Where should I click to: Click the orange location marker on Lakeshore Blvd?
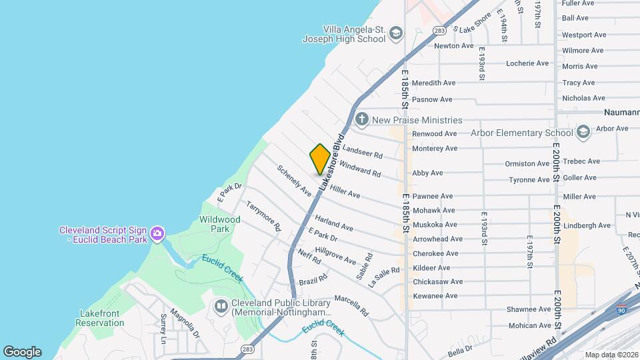pyautogui.click(x=320, y=159)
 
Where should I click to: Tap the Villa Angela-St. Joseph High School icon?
pyautogui.click(x=397, y=33)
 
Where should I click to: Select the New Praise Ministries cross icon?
pyautogui.click(x=362, y=120)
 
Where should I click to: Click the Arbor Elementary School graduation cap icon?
pyautogui.click(x=583, y=132)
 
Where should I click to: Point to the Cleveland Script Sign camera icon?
pyautogui.click(x=157, y=233)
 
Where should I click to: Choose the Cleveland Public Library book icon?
pyautogui.click(x=221, y=306)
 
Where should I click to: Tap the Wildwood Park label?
pyautogui.click(x=220, y=224)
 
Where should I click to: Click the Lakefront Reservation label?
pyautogui.click(x=100, y=318)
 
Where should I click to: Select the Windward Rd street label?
pyautogui.click(x=360, y=168)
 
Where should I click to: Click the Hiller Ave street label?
pyautogui.click(x=345, y=192)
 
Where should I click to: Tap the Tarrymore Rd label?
pyautogui.click(x=263, y=216)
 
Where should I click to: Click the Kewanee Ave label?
pyautogui.click(x=435, y=295)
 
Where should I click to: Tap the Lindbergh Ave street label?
pyautogui.click(x=587, y=225)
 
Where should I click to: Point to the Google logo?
pyautogui.click(x=22, y=352)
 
